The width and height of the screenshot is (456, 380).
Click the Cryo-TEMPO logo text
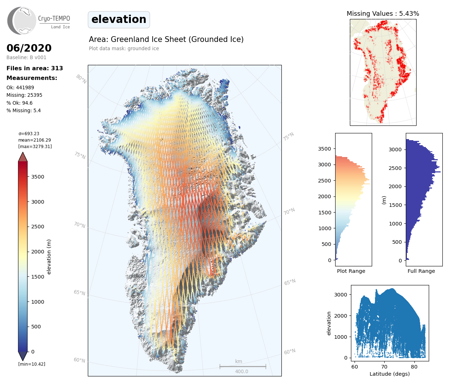click(54, 19)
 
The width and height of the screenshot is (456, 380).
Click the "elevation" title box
click(119, 19)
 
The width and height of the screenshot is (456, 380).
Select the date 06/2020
click(29, 48)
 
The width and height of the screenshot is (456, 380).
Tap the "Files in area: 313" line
click(35, 68)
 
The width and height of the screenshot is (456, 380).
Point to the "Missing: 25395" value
click(24, 95)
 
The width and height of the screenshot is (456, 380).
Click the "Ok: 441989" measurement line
click(20, 87)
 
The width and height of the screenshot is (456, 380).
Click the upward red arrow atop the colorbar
click(23, 157)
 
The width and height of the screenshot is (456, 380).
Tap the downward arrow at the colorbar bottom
click(23, 356)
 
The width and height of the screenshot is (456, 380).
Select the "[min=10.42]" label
click(32, 364)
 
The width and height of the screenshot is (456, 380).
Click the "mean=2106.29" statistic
click(34, 140)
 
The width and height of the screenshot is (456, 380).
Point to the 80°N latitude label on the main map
click(81, 79)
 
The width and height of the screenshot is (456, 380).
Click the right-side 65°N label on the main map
click(290, 282)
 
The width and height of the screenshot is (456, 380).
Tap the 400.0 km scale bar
click(243, 367)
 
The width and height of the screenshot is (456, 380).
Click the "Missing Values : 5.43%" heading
click(383, 14)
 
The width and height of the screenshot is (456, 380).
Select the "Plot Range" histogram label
click(351, 271)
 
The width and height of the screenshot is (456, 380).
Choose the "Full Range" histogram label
click(421, 271)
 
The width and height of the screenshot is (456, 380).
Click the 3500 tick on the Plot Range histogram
click(324, 149)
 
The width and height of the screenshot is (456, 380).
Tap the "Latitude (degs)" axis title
click(390, 374)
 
